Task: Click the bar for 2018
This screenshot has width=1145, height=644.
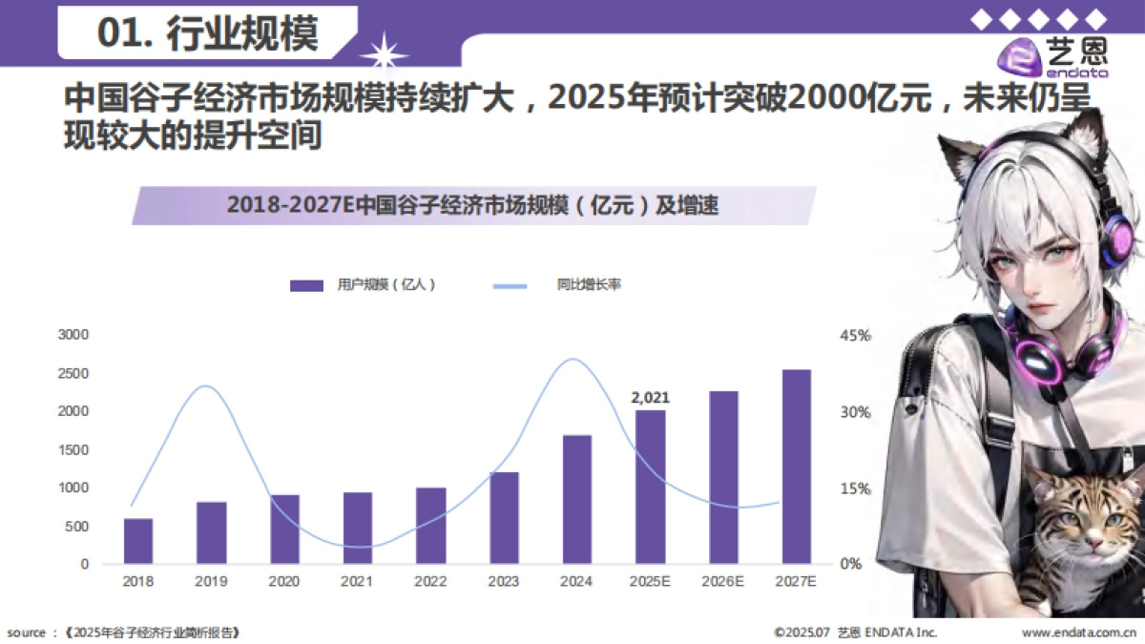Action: tap(138, 541)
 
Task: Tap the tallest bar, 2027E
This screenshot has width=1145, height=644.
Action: tap(797, 467)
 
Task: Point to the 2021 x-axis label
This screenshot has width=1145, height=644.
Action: tap(358, 581)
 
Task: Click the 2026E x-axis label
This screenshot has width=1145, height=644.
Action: tap(723, 581)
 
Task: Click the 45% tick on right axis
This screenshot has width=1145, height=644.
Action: tap(856, 336)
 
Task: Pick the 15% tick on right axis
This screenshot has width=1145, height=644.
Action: tap(856, 488)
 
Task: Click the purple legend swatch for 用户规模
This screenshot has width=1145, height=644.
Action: tap(307, 285)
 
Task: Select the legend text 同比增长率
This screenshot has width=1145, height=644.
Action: tap(589, 284)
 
